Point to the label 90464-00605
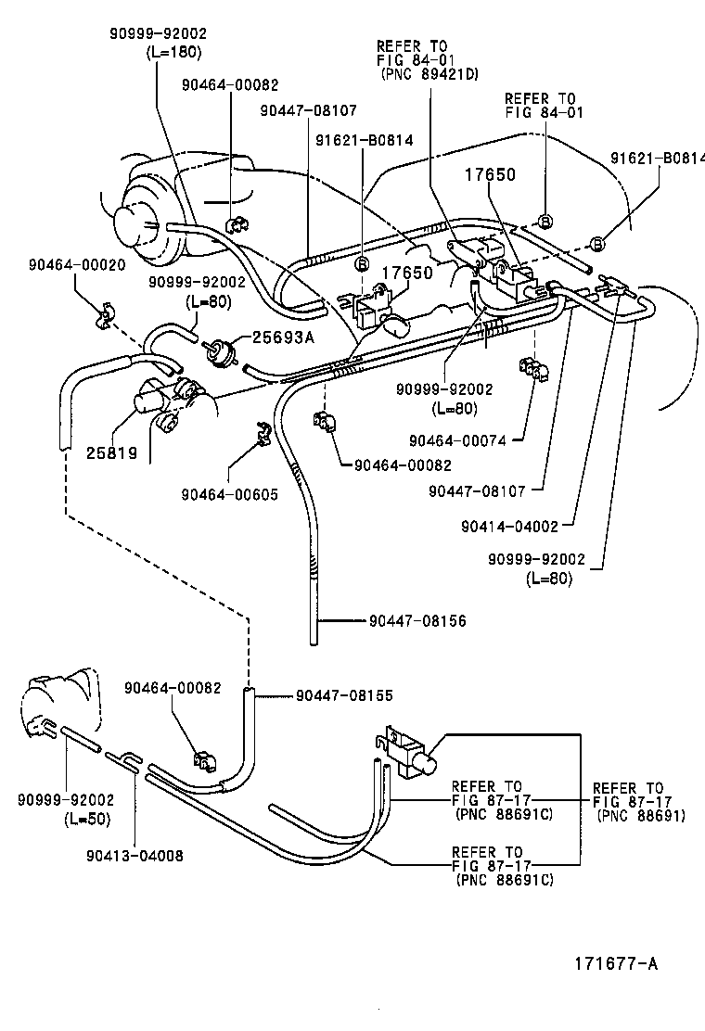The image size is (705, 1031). coord(229,494)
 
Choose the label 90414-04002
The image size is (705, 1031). coord(509,526)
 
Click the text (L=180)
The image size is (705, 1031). coord(173,52)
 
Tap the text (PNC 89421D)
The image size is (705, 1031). coord(429,74)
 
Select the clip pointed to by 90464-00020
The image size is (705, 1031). coord(104,314)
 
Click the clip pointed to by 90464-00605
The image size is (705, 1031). coord(262,430)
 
